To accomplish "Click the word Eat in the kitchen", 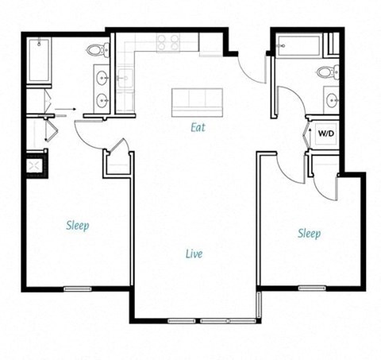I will pos(198,126).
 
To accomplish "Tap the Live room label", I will pos(193,254).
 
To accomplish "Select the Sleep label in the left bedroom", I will pos(77,226).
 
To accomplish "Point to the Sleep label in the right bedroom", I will pos(309,233).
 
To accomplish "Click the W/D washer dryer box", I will pos(326,134).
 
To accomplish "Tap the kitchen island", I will pos(198,99).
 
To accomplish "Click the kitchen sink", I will pos(124,77).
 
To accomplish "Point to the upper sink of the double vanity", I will pos(102,78).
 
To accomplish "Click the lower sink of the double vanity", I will pos(102,100).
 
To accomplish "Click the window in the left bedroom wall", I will pos(76,288).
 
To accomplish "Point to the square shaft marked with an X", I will pos(34,165).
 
